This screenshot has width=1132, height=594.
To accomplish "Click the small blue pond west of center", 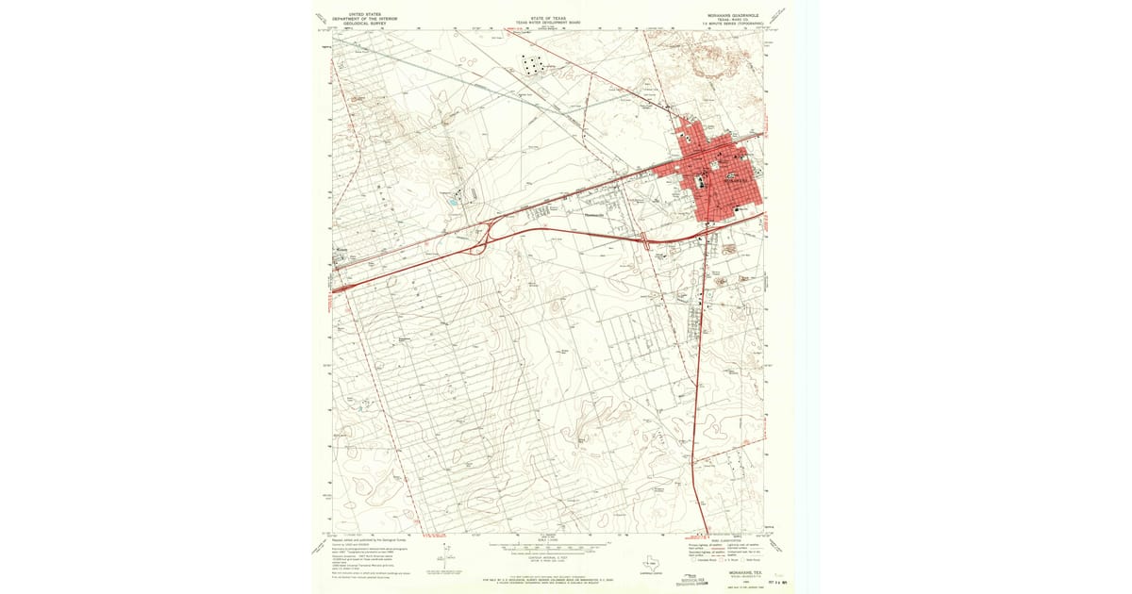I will click(453, 201).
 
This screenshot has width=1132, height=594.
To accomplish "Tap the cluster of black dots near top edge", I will click(533, 64).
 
